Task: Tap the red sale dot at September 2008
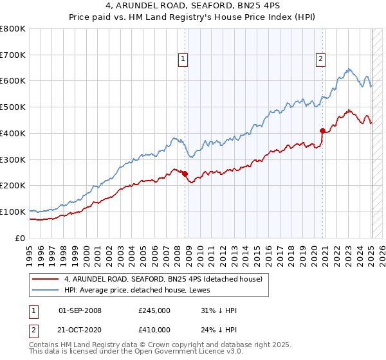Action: [x=185, y=174]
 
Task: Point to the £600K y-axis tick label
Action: [x=13, y=81]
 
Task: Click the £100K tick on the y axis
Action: [x=13, y=212]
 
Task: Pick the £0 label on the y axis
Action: [x=21, y=238]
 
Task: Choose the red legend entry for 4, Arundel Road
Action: [x=163, y=280]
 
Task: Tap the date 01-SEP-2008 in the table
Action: [x=80, y=310]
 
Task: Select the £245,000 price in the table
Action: [x=154, y=310]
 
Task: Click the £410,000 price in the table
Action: [x=154, y=330]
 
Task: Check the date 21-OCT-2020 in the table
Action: [x=80, y=330]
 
